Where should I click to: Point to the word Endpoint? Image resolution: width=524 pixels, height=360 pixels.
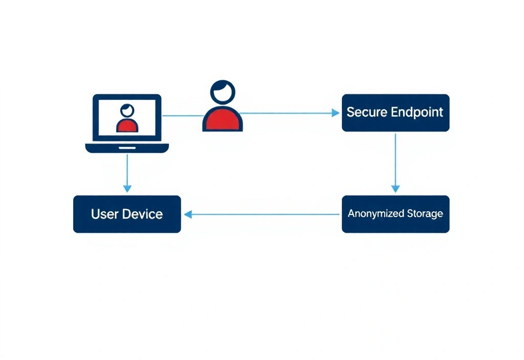[417, 112]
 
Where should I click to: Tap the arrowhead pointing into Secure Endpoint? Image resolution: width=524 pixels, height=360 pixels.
[336, 113]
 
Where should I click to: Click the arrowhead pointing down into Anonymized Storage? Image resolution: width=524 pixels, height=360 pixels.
[395, 189]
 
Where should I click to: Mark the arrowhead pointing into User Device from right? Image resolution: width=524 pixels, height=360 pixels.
[188, 215]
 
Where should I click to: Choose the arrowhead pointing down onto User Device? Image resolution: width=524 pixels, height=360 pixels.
[127, 189]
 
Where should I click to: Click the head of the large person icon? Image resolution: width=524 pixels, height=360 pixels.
[223, 92]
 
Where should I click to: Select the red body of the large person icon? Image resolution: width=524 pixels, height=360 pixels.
[223, 121]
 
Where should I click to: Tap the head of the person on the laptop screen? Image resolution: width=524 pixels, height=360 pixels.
[126, 110]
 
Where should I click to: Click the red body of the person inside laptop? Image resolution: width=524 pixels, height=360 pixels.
[127, 126]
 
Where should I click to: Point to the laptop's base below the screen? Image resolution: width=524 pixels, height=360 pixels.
[127, 148]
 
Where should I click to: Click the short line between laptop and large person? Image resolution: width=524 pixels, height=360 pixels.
[183, 116]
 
